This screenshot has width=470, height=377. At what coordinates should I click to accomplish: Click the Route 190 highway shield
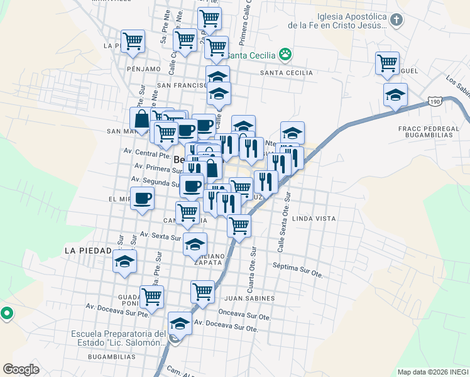click(x=436, y=101)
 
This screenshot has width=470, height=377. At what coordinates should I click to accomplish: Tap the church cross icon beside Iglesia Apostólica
click(x=396, y=19)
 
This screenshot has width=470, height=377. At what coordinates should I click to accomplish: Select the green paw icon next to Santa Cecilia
click(x=285, y=54)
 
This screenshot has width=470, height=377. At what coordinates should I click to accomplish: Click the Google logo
click(x=21, y=369)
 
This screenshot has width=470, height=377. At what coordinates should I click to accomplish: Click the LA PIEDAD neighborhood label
click(x=87, y=250)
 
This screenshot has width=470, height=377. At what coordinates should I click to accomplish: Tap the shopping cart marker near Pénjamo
click(x=133, y=42)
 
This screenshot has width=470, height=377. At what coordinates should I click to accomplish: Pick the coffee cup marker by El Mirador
click(x=141, y=199)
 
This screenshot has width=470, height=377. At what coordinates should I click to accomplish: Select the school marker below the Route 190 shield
click(x=395, y=96)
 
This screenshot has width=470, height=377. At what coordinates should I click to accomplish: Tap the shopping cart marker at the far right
click(x=387, y=63)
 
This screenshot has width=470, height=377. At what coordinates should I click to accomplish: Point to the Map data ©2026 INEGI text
click(x=432, y=372)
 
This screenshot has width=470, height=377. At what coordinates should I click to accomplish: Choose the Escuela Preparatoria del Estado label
click(x=118, y=338)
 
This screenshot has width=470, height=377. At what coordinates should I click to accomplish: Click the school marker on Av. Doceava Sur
click(x=180, y=324)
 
